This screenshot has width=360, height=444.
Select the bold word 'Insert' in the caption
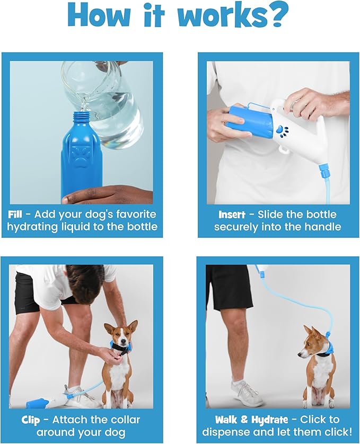tap(232, 215)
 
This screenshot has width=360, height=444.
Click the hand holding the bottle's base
tap(106, 195)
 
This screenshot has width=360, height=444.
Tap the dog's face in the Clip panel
tap(120, 338)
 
